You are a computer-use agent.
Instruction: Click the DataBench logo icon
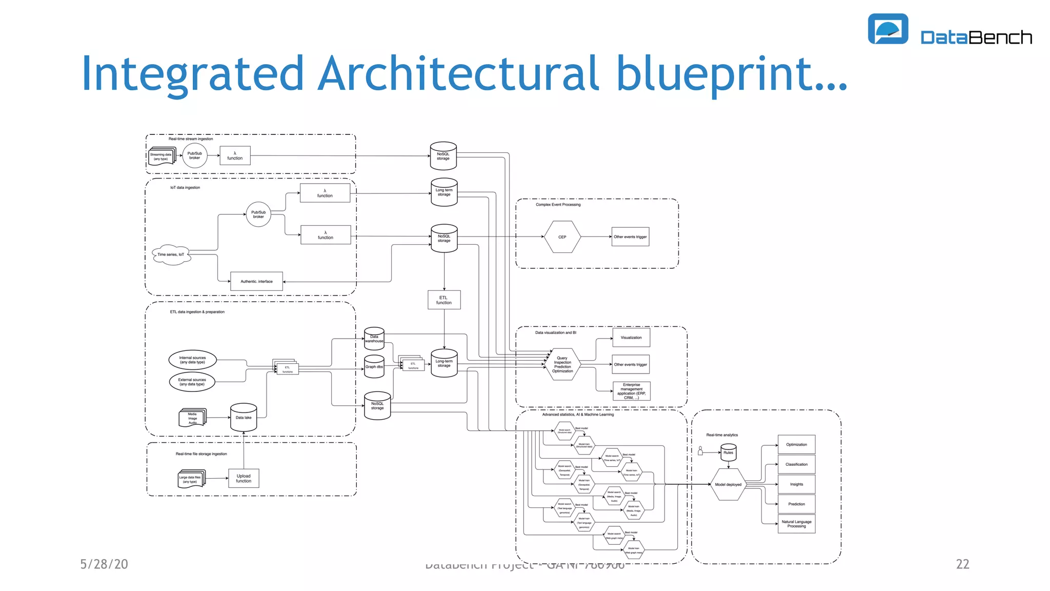point(887,29)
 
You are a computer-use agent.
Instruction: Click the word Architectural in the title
point(458,73)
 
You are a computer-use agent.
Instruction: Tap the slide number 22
point(962,564)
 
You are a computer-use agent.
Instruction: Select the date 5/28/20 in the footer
point(104,564)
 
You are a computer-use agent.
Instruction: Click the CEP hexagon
point(562,237)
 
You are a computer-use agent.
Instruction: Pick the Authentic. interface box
point(256,281)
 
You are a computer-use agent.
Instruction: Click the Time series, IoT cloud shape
point(171,254)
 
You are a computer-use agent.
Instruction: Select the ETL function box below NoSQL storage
point(444,300)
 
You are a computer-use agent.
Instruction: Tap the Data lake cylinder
point(244,418)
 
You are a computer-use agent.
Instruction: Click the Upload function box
point(244,478)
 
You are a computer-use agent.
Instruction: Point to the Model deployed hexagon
point(728,484)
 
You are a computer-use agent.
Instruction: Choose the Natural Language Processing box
point(796,524)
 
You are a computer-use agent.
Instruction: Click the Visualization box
point(631,338)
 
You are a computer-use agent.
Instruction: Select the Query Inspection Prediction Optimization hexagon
point(562,365)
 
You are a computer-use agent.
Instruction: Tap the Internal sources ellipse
point(192,360)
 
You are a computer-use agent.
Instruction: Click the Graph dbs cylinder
point(374,367)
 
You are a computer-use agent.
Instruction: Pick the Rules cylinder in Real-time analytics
point(728,452)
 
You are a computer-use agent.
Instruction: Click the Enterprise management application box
point(631,391)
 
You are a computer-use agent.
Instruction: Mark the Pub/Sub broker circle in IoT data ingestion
point(258,214)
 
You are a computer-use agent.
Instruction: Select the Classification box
point(796,464)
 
